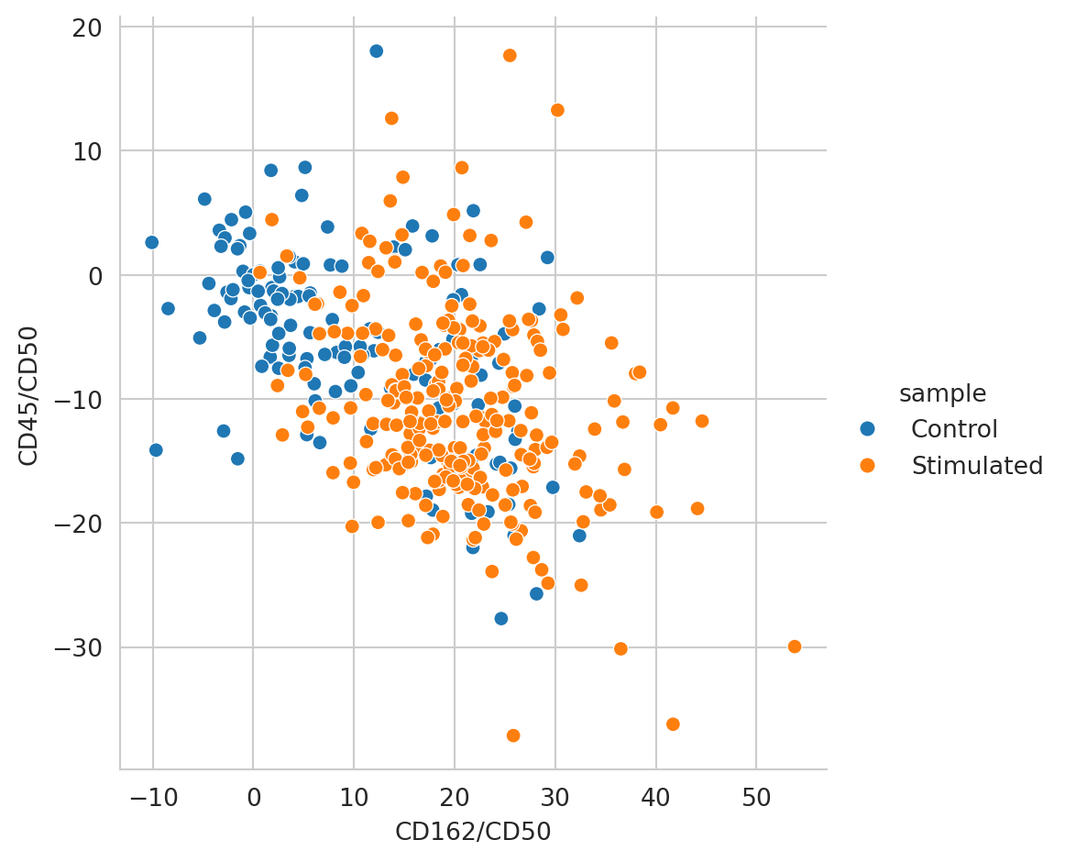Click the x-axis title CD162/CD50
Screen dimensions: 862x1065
point(472,832)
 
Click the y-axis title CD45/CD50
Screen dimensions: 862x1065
point(28,395)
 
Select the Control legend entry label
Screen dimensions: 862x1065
point(954,429)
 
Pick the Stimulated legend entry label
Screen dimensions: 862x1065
point(977,466)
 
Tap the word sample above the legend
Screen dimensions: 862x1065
point(942,393)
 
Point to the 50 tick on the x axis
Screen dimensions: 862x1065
point(756,793)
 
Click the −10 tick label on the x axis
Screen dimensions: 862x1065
point(152,793)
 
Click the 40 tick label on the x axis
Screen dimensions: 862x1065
point(655,793)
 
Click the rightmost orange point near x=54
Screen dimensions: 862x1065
point(794,646)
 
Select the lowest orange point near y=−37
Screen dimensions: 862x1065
point(513,735)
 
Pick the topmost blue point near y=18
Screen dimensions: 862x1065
point(376,51)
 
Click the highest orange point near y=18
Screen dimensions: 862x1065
point(510,55)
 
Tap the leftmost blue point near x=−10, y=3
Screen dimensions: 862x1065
point(151,242)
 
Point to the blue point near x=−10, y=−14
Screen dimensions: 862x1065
point(156,450)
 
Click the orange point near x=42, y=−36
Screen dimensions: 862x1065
point(673,724)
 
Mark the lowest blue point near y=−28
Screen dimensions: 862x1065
point(500,619)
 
